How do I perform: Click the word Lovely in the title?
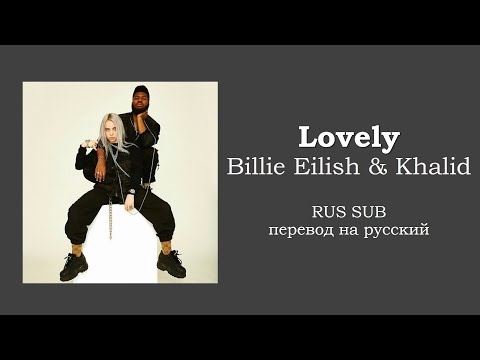point(349,138)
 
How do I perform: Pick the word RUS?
point(329,212)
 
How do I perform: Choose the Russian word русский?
point(397,232)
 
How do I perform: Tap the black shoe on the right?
point(171,263)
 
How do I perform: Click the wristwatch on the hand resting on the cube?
point(133,188)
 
